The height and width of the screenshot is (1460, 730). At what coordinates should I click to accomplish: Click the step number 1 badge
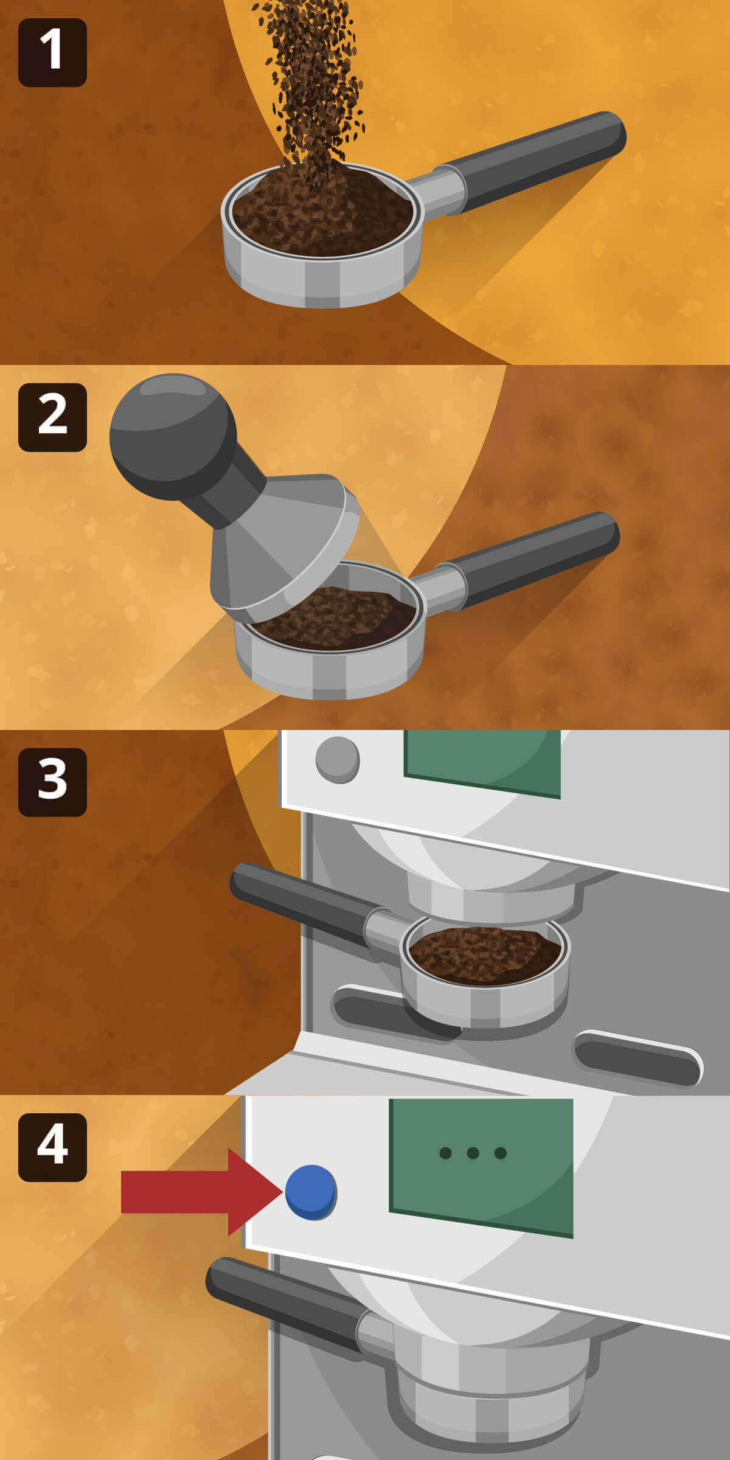(52, 52)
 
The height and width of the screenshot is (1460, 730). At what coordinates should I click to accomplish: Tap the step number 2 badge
(52, 417)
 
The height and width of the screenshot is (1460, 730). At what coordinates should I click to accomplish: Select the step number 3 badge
(52, 782)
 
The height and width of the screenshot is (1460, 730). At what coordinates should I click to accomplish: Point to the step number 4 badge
(52, 1147)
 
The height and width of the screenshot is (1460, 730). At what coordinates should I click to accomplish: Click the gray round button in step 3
(338, 760)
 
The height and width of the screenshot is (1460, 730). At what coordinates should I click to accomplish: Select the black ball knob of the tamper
(173, 437)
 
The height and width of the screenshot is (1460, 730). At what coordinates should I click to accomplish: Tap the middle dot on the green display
(473, 1153)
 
